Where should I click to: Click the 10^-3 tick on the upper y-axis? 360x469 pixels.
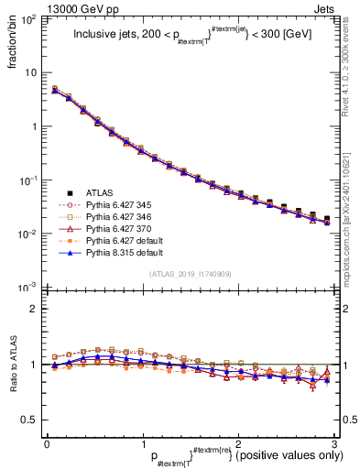coord(30,288)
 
